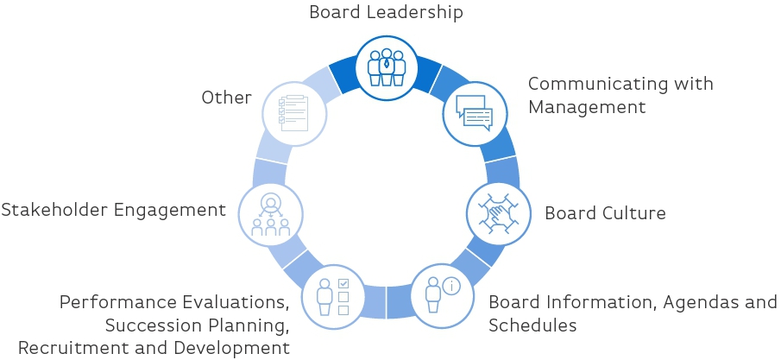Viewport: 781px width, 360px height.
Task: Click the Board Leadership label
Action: click(x=386, y=12)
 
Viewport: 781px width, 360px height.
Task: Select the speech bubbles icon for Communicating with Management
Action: click(x=473, y=112)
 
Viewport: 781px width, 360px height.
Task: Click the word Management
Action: click(x=587, y=107)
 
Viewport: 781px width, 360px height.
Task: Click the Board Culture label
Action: click(x=605, y=213)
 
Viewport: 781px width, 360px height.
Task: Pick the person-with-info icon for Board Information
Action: click(x=441, y=294)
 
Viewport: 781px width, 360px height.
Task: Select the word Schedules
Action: click(x=532, y=325)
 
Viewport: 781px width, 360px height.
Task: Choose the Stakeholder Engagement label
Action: click(x=113, y=210)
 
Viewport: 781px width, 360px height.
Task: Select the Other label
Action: click(x=226, y=97)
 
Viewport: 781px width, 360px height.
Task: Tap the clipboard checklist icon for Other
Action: click(x=293, y=114)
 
